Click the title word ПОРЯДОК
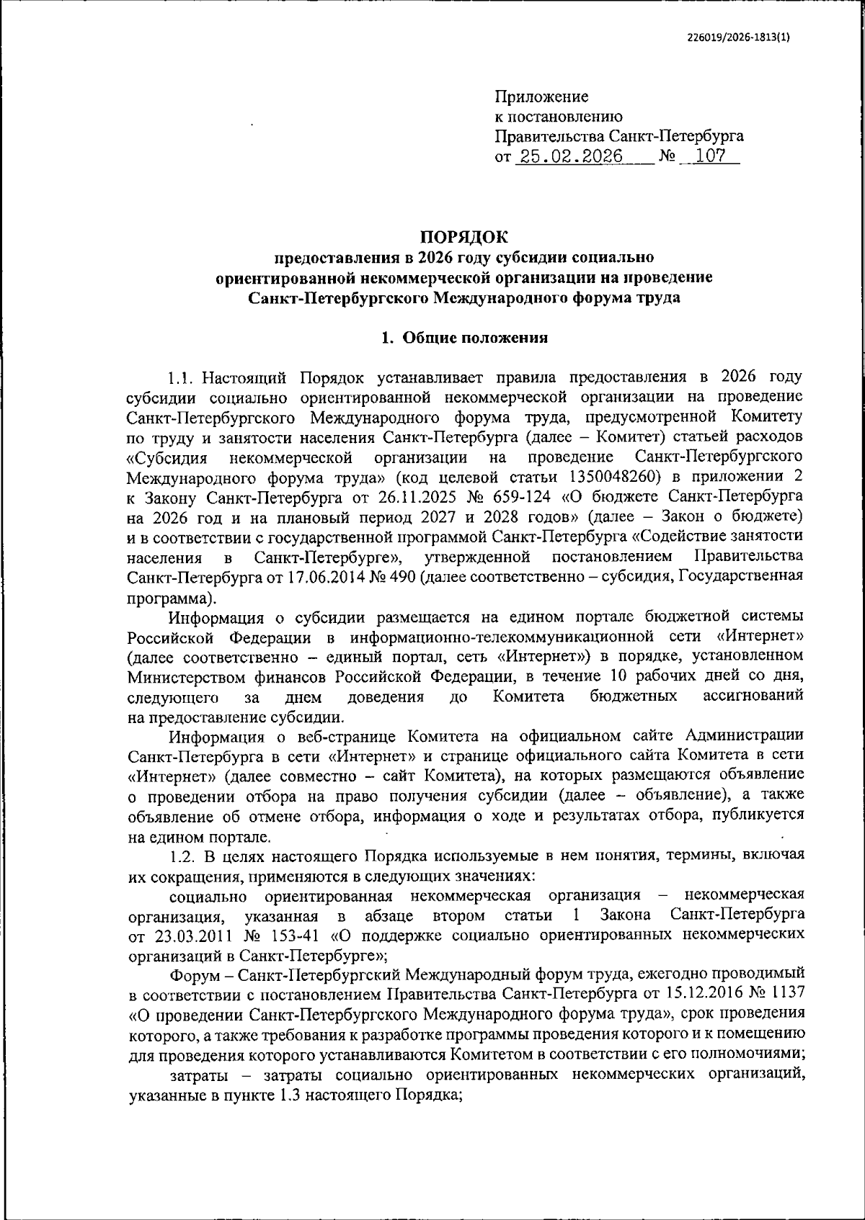[x=464, y=236]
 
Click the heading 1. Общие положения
[x=464, y=338]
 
